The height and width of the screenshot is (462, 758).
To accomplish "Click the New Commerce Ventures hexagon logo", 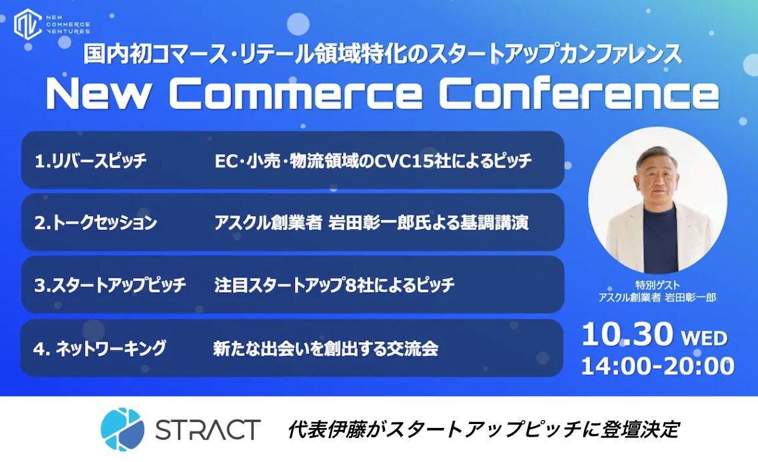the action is click(27, 23).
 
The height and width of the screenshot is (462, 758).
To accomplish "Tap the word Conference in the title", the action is click(579, 93).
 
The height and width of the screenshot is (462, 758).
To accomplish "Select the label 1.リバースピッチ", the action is click(90, 161).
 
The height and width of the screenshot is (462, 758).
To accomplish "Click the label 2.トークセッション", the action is click(95, 223).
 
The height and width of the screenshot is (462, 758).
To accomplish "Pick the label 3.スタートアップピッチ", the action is click(110, 285).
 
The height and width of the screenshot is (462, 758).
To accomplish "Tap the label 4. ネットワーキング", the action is click(99, 348).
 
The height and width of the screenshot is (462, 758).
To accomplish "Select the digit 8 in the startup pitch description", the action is click(351, 285).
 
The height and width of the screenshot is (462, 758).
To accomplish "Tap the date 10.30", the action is click(627, 334).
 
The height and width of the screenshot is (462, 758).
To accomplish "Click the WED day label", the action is click(705, 338).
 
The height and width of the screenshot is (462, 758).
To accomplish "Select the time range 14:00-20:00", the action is click(657, 366).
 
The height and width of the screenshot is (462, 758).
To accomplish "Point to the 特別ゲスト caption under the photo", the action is click(657, 285).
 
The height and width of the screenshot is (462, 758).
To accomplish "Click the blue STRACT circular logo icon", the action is click(122, 429).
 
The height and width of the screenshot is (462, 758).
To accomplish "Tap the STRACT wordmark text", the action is click(208, 429).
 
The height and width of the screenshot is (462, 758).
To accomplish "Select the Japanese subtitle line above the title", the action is click(382, 54).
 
